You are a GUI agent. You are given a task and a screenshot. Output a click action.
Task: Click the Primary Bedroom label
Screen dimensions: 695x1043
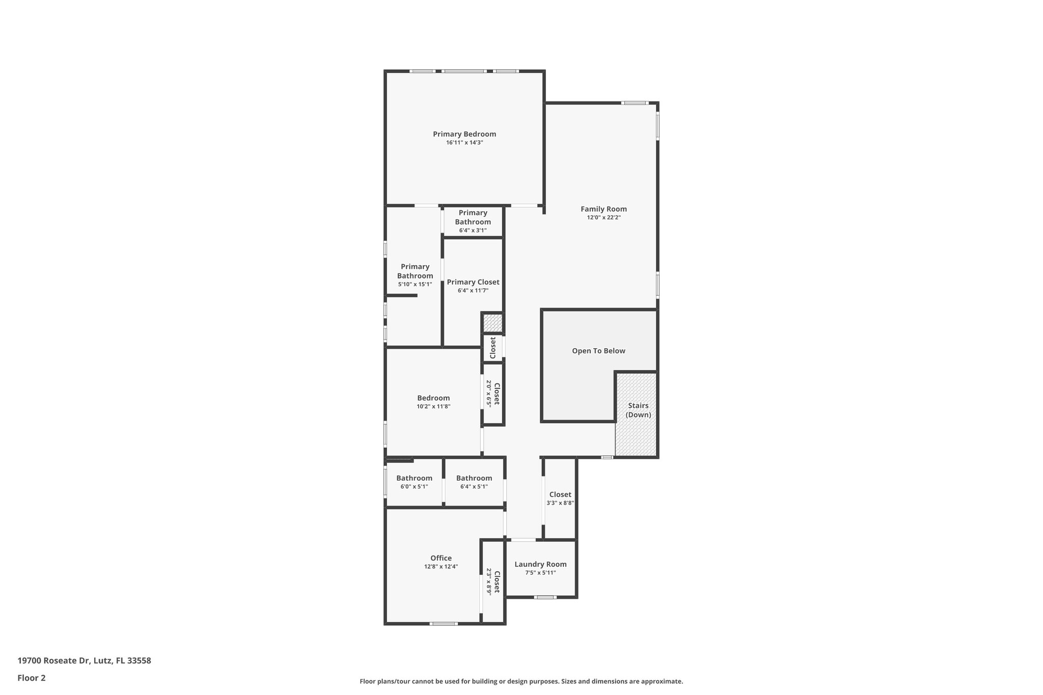tap(464, 134)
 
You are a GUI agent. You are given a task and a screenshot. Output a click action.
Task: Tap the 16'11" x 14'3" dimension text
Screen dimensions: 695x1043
tap(464, 143)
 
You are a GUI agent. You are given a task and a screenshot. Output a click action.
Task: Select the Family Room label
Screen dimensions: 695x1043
tap(603, 209)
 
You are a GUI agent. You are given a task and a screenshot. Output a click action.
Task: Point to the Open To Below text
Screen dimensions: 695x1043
tap(598, 351)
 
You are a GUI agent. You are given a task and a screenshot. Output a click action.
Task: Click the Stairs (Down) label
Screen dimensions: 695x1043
tap(638, 410)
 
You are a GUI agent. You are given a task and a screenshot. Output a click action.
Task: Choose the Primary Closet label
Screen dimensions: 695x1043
tap(473, 282)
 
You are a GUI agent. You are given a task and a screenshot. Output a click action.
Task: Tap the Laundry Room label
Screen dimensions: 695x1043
tap(540, 564)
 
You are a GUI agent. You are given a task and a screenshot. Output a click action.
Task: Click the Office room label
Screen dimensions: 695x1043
tap(441, 558)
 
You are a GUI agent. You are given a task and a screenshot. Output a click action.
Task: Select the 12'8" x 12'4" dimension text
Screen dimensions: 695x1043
tap(441, 567)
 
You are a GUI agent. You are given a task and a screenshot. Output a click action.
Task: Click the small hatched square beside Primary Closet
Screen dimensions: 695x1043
tap(492, 323)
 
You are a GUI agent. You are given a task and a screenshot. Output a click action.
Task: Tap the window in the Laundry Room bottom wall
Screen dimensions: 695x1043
tap(545, 597)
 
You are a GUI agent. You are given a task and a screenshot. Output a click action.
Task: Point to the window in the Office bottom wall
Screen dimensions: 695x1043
tap(443, 624)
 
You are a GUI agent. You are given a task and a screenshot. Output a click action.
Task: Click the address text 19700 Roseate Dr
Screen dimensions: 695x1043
tap(84, 660)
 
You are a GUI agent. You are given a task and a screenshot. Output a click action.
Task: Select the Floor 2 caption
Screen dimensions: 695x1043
tap(32, 678)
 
